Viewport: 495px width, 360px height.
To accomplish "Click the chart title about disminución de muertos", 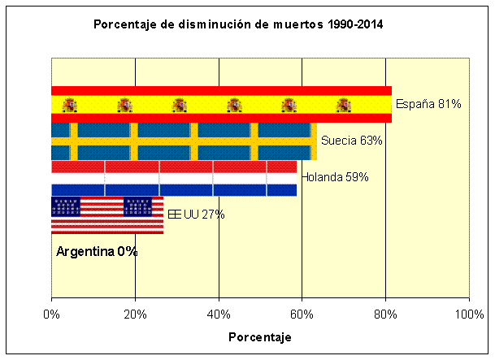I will [x=239, y=24].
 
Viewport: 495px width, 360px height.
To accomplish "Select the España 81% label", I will [x=428, y=104].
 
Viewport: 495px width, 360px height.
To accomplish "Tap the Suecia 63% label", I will [x=351, y=141].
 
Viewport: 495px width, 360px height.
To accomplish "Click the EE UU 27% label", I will [x=196, y=215].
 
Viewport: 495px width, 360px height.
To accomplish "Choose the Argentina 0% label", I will [x=97, y=252].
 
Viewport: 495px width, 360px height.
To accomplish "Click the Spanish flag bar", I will [x=221, y=104].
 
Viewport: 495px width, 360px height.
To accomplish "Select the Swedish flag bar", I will [x=183, y=141].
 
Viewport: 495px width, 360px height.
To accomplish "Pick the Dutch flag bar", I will [x=173, y=178].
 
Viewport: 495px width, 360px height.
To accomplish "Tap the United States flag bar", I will [x=107, y=215].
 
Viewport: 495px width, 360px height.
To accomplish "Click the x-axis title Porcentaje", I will [x=259, y=336].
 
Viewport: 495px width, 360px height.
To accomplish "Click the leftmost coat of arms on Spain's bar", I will [x=69, y=104].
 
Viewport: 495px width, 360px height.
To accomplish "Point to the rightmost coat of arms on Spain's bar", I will [x=344, y=104].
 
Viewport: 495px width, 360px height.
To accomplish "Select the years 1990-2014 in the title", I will [x=354, y=24].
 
